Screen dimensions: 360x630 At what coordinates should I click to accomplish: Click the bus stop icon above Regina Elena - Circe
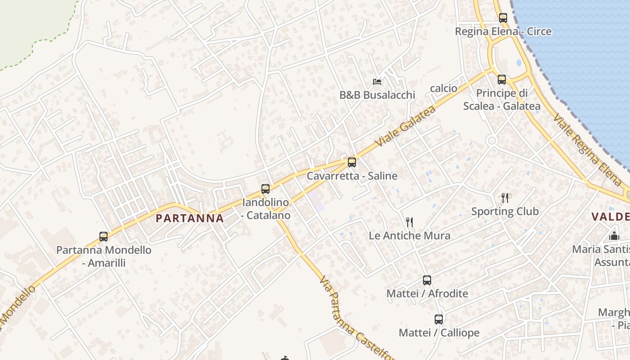pyautogui.click(x=503, y=18)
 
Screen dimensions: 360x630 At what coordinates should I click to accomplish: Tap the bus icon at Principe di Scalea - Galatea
pyautogui.click(x=502, y=80)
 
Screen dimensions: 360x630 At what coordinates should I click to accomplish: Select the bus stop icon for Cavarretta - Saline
pyautogui.click(x=352, y=162)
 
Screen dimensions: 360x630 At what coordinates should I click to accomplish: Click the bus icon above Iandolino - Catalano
pyautogui.click(x=265, y=189)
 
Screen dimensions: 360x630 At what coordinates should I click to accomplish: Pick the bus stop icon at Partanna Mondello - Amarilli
pyautogui.click(x=103, y=237)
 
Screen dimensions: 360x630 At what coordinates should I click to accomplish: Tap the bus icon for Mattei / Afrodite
pyautogui.click(x=427, y=280)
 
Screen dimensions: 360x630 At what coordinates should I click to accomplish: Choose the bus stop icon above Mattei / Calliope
pyautogui.click(x=439, y=319)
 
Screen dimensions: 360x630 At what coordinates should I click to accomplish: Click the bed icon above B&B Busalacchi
pyautogui.click(x=377, y=82)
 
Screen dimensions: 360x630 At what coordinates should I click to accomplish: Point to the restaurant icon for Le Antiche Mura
pyautogui.click(x=409, y=222)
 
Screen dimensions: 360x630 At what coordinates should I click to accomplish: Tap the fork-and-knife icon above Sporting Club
pyautogui.click(x=505, y=198)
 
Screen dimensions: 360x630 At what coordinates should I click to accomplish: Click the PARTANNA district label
pyautogui.click(x=189, y=218)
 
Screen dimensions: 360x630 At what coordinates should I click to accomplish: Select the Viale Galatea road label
pyautogui.click(x=405, y=126)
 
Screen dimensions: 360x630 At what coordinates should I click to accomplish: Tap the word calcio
pyautogui.click(x=444, y=88)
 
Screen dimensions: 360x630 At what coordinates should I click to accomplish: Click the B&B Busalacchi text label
pyautogui.click(x=377, y=95)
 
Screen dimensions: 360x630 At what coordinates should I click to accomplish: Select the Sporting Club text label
pyautogui.click(x=505, y=211)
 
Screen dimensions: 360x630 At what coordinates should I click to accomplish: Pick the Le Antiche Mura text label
pyautogui.click(x=409, y=235)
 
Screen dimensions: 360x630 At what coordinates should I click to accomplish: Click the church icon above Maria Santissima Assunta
pyautogui.click(x=614, y=236)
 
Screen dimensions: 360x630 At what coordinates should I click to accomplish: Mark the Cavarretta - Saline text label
pyautogui.click(x=352, y=175)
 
